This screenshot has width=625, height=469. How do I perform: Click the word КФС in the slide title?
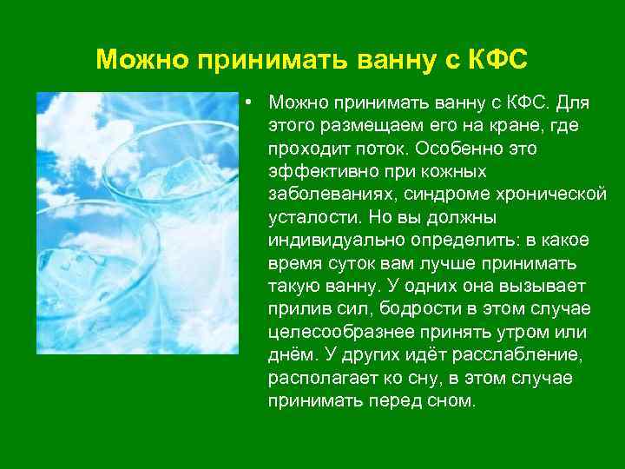coord(496,60)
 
